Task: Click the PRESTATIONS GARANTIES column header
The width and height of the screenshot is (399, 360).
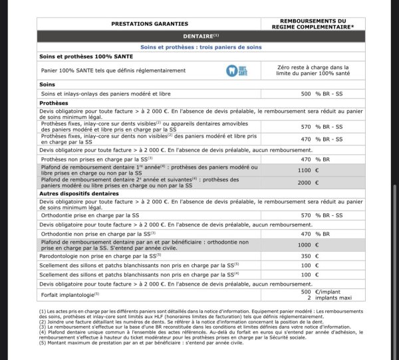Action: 150,23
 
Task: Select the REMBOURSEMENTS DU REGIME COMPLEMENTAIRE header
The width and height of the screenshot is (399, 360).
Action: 314,23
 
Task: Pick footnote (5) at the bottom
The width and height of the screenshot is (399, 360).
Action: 130,342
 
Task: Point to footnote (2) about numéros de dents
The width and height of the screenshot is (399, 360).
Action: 166,321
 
